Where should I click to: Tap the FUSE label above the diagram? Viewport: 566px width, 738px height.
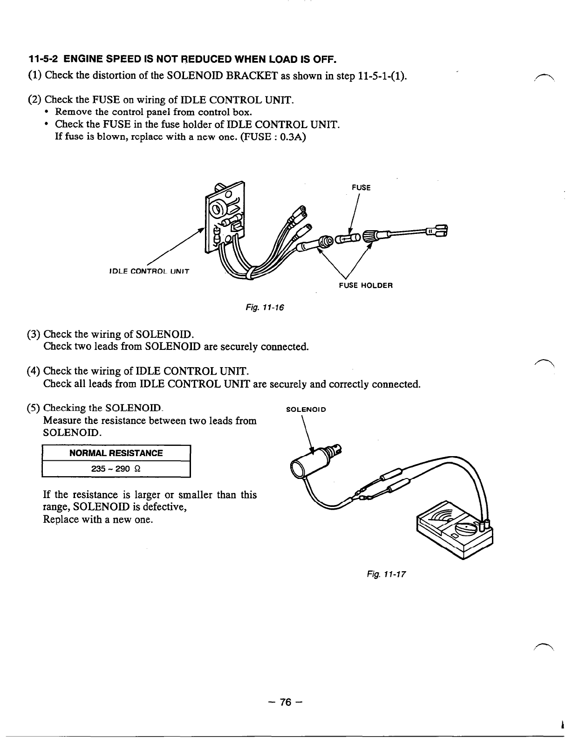[x=361, y=188]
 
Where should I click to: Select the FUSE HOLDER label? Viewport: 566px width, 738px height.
[x=366, y=285]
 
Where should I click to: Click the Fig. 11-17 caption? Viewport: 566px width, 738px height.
[x=393, y=574]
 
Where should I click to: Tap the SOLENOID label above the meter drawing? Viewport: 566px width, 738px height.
[x=306, y=410]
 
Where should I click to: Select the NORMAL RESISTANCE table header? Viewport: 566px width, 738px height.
[x=116, y=453]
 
